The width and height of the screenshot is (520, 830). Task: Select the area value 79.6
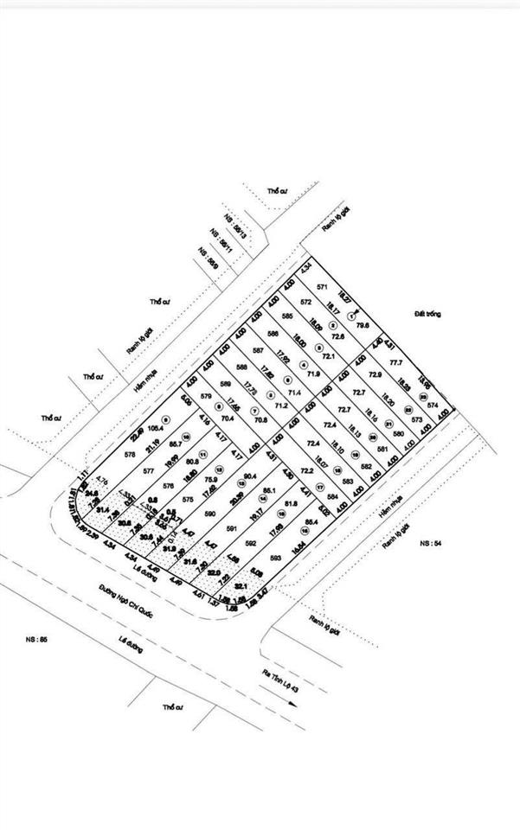[363, 324]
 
